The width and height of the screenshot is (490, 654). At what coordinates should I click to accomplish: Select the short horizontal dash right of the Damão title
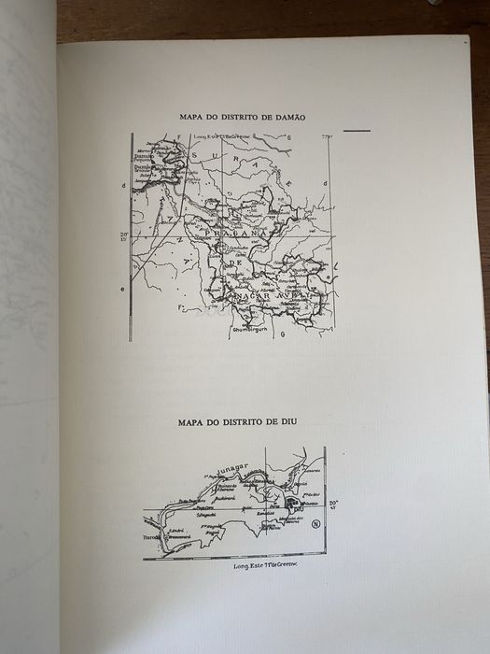pos(357,130)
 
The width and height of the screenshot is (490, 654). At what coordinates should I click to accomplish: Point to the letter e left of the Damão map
pos(123,289)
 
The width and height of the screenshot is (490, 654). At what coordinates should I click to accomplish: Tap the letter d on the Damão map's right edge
pos(323,183)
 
